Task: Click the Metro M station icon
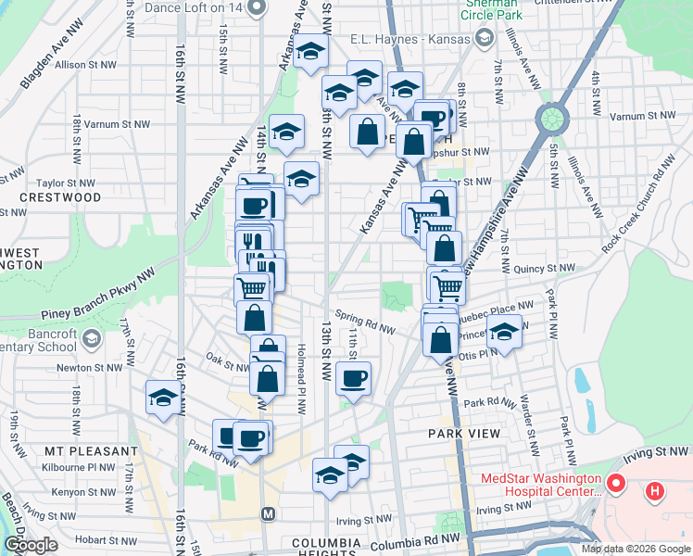pos(269,513)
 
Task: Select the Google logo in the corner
pos(30,546)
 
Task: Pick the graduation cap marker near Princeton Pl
pos(503,331)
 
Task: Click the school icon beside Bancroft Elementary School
pos(91,339)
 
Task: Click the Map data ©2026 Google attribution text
pos(636,549)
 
